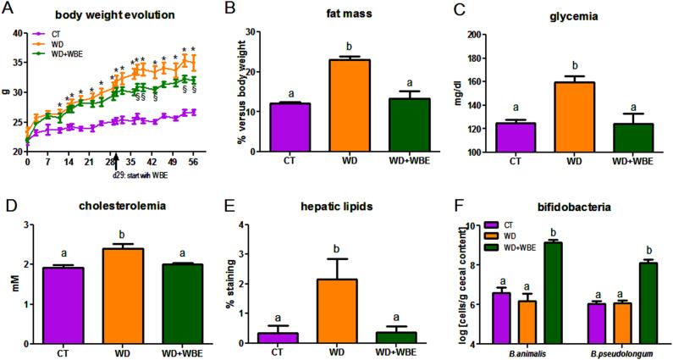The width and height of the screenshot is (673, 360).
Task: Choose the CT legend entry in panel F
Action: pos(528,224)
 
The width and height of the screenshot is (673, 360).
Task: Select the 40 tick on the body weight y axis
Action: pos(18,35)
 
